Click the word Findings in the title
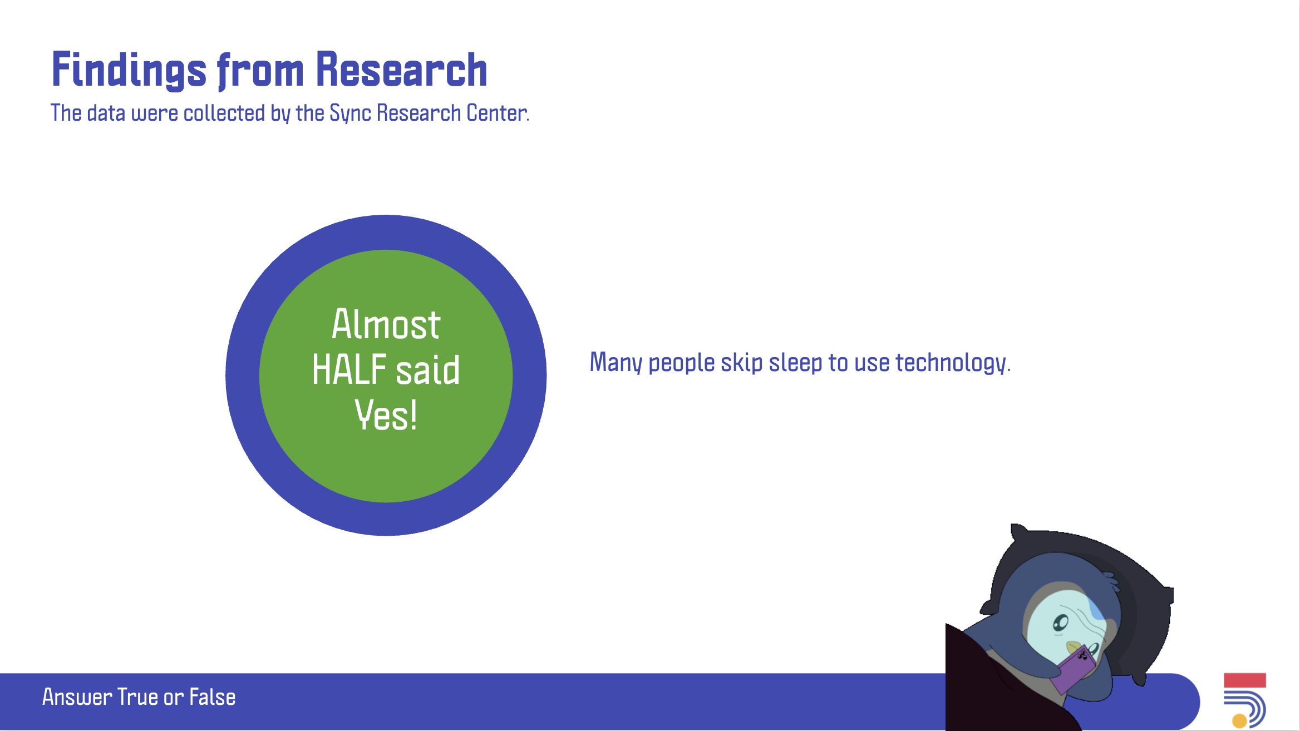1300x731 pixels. [x=129, y=70]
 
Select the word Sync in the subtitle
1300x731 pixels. [x=351, y=113]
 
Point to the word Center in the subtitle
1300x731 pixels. [x=497, y=113]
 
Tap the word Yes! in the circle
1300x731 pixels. [x=386, y=415]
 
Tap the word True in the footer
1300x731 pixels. [x=137, y=697]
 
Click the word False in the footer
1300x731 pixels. [x=213, y=697]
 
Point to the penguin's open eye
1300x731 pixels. [x=1061, y=623]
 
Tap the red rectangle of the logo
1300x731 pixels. [x=1245, y=680]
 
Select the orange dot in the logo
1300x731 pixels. [x=1239, y=721]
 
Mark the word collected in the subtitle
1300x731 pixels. [x=224, y=113]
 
